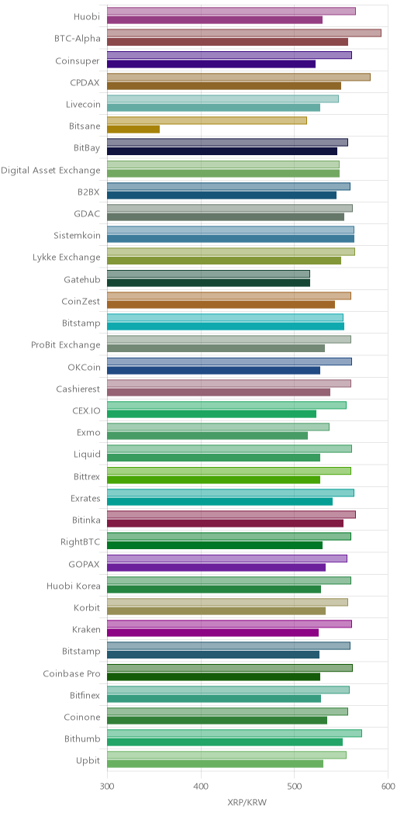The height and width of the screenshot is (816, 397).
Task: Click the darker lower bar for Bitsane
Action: click(x=133, y=129)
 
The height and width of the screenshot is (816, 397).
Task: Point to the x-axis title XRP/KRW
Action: click(x=247, y=803)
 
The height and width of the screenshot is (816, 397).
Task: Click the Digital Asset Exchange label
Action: click(x=50, y=170)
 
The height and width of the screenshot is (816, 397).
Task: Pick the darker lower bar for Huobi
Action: click(x=215, y=19)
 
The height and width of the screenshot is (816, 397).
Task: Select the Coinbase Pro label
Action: click(x=72, y=674)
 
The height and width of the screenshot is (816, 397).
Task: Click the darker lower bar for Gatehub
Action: click(x=209, y=282)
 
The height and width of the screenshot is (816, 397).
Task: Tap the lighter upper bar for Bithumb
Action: click(x=235, y=733)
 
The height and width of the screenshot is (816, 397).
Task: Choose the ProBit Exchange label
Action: click(x=66, y=345)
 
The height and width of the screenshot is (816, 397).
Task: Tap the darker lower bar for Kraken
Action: click(x=212, y=631)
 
